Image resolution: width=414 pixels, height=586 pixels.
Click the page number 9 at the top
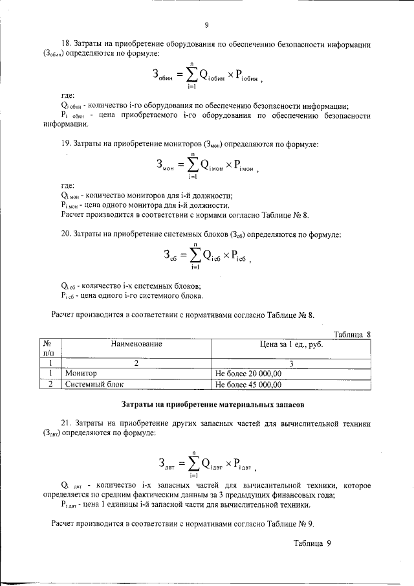[206, 25]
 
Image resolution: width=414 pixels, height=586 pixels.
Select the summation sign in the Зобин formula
[192, 74]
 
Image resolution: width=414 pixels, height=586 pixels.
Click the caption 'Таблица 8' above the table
[351, 334]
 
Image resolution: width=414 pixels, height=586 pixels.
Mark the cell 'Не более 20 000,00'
[248, 374]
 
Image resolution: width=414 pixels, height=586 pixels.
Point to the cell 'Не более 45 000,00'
[248, 384]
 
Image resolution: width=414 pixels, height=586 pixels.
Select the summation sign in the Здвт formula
[192, 462]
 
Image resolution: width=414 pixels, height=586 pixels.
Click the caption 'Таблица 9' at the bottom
[312, 544]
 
